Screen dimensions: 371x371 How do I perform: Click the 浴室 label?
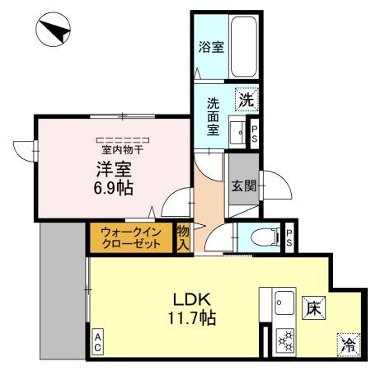[x=210, y=47]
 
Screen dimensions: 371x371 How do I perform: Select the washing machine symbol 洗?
[x=246, y=101]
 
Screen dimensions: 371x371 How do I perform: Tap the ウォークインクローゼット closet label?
[x=131, y=237]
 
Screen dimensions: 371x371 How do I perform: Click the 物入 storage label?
[x=184, y=237]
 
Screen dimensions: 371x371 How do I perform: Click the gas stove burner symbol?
[x=285, y=339]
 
